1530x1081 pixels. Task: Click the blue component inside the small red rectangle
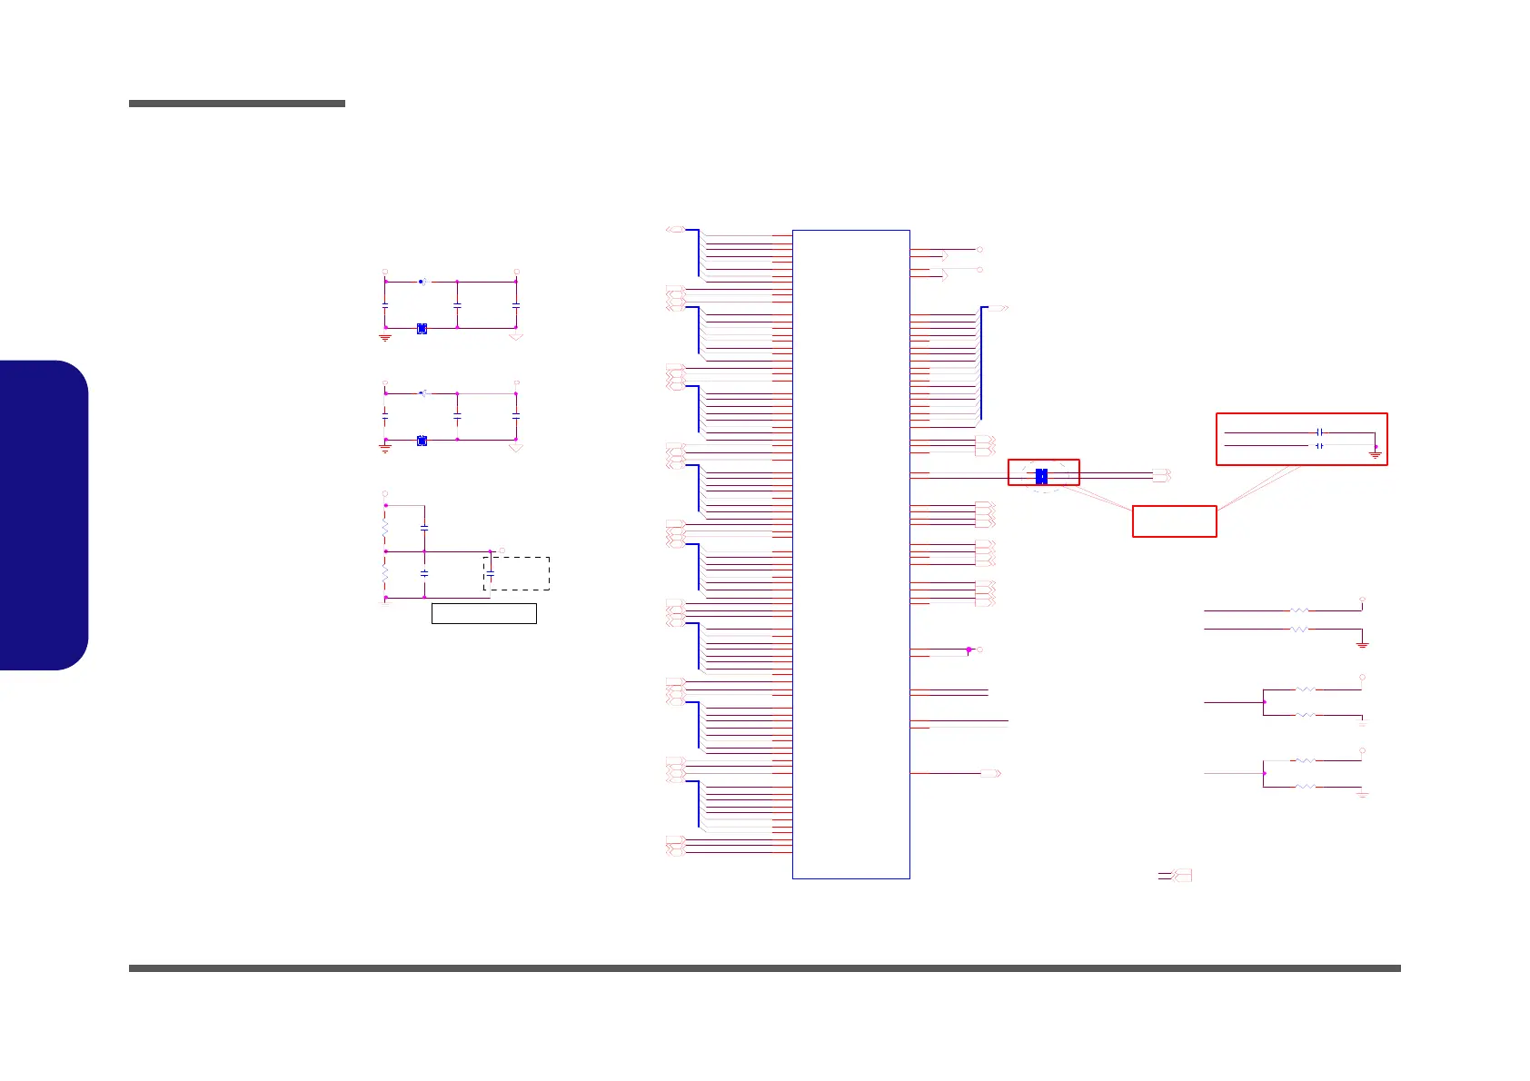[x=1041, y=475]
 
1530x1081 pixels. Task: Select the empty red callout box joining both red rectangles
[x=1174, y=521]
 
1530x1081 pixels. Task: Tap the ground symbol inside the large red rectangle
[x=1376, y=452]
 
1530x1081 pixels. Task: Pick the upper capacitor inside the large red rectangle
[x=1319, y=432]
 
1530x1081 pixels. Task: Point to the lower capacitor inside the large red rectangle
[x=1319, y=446]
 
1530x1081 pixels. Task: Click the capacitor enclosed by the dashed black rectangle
[x=491, y=573]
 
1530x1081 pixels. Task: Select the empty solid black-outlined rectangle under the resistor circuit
[x=483, y=613]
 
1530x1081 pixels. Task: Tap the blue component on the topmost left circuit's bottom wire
[x=422, y=328]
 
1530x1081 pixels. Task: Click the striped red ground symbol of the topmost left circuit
[x=385, y=337]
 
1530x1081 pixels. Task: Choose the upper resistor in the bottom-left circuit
[x=385, y=527]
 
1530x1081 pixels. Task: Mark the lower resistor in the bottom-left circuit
[x=385, y=575]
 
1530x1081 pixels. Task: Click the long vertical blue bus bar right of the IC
[x=981, y=363]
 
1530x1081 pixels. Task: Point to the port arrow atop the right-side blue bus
[x=998, y=309]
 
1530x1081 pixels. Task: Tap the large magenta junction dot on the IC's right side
[x=969, y=650]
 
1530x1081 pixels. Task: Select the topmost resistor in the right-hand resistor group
[x=1299, y=611]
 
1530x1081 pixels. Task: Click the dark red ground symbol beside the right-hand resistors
[x=1362, y=644]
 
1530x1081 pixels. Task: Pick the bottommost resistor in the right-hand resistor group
[x=1305, y=787]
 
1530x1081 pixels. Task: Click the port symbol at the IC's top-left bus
[x=675, y=230]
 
